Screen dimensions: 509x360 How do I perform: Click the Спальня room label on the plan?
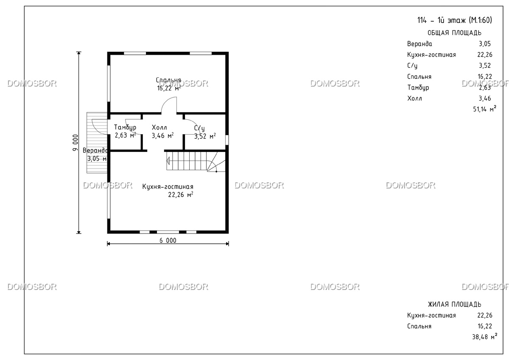click(x=168, y=80)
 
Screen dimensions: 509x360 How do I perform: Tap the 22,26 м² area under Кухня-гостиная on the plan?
click(x=181, y=195)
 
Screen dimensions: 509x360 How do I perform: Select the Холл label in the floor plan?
click(x=159, y=127)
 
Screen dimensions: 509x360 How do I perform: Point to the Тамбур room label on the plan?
click(x=125, y=127)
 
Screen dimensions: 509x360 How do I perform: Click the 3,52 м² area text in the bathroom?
click(x=205, y=136)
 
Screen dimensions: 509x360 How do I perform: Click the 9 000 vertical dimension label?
click(x=75, y=143)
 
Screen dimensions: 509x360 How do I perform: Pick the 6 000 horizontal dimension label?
click(x=168, y=240)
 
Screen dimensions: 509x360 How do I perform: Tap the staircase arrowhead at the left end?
click(x=168, y=161)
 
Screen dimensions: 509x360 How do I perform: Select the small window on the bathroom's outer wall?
click(x=227, y=140)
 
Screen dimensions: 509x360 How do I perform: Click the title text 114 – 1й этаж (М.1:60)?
click(x=455, y=20)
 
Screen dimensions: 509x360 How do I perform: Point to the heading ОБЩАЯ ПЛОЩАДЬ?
click(x=454, y=33)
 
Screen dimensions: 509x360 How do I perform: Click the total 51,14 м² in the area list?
click(x=484, y=109)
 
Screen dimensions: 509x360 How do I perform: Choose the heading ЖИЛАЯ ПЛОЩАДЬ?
click(x=454, y=304)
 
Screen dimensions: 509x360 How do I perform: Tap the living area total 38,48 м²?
click(x=484, y=337)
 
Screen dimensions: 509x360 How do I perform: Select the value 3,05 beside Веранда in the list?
click(x=485, y=44)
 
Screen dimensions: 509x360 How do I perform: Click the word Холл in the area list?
click(x=414, y=98)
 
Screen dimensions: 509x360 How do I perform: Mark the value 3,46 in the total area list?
click(x=485, y=98)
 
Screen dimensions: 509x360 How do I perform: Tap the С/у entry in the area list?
click(x=412, y=66)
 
